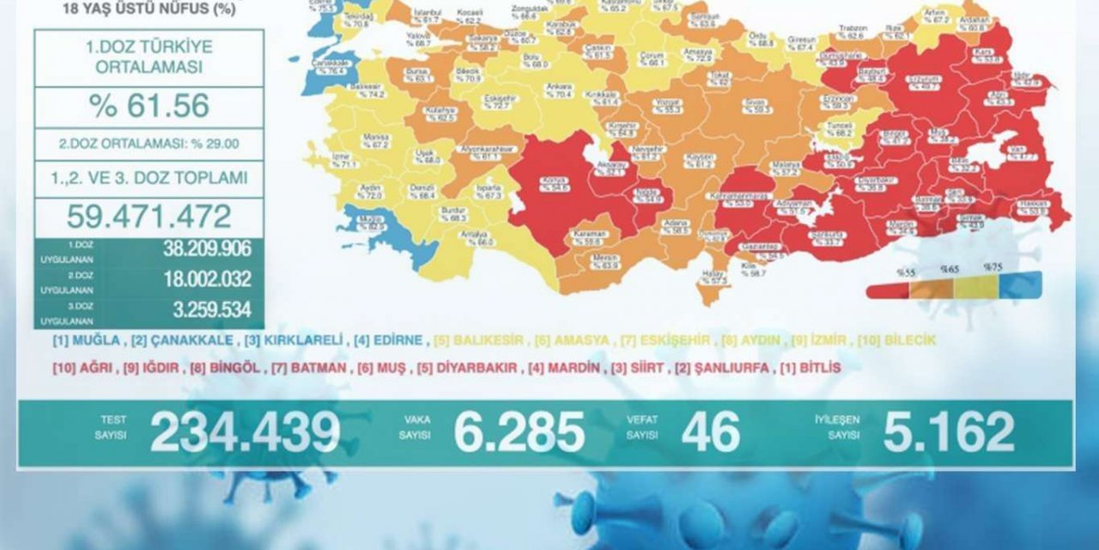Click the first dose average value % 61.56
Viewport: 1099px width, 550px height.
(149, 106)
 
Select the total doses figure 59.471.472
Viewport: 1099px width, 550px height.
(149, 216)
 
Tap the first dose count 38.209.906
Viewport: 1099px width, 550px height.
(207, 249)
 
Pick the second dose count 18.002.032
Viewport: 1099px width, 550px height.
(207, 279)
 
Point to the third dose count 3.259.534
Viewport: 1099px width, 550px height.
(207, 309)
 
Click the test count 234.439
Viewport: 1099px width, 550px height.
(245, 432)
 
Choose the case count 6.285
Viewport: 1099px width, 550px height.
(519, 432)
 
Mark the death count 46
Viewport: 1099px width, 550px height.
(710, 432)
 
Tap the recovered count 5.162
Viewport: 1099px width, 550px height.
(948, 432)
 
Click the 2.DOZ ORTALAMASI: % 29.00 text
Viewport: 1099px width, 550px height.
(149, 144)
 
